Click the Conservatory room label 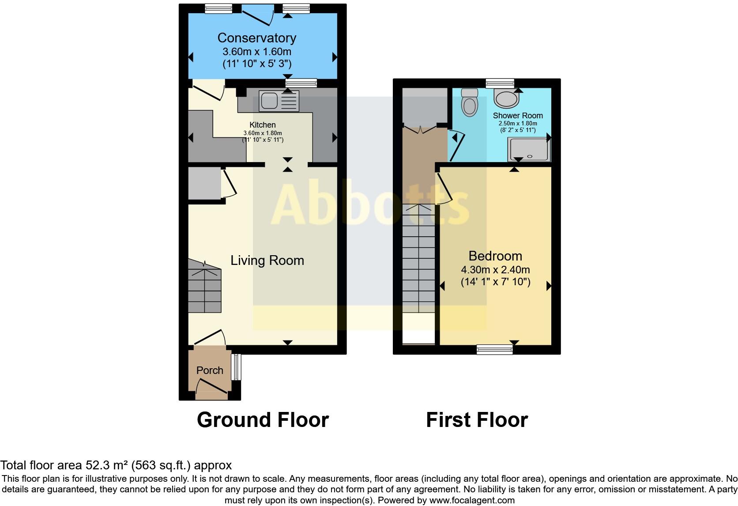256,38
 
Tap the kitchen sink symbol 279,101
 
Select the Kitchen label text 263,125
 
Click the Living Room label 267,261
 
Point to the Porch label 210,370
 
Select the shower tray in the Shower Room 529,150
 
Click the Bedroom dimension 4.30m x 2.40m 495,270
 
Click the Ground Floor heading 263,420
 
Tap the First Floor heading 477,420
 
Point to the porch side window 237,367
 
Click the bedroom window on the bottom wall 494,350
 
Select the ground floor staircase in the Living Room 204,286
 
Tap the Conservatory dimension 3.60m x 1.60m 256,52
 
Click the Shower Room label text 518,116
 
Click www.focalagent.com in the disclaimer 472,500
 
